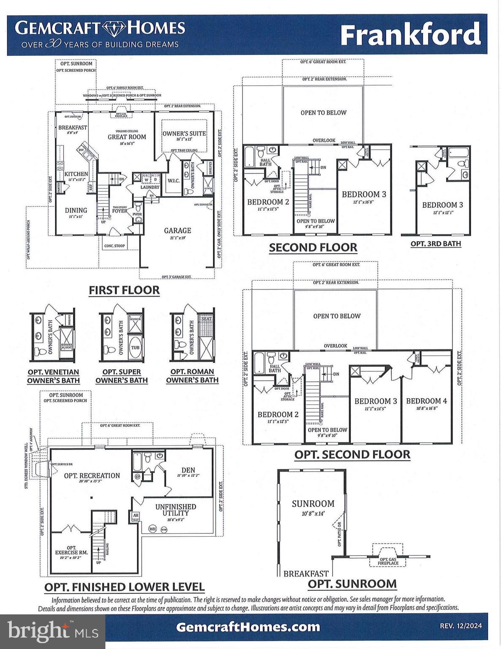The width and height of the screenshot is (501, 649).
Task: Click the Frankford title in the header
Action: (x=410, y=35)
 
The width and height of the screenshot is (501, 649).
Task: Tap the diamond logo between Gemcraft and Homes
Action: (x=113, y=28)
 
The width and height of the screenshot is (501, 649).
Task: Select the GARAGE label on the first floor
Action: (x=177, y=231)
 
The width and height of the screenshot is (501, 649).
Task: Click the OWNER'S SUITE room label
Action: (x=184, y=134)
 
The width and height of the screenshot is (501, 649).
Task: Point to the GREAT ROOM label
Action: (x=127, y=137)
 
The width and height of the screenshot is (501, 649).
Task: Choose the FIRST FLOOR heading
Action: (x=124, y=290)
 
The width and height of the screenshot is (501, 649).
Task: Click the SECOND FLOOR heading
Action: (x=313, y=248)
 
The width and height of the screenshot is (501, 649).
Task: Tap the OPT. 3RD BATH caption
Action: (x=436, y=244)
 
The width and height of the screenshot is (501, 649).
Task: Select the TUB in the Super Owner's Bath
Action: (x=135, y=348)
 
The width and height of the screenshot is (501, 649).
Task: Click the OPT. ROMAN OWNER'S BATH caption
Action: (x=192, y=376)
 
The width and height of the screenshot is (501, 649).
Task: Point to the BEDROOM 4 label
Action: (x=426, y=401)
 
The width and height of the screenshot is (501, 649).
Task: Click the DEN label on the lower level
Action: (x=188, y=470)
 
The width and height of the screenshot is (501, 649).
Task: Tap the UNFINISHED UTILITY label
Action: (x=176, y=510)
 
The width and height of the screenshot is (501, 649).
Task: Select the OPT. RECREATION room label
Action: (x=92, y=476)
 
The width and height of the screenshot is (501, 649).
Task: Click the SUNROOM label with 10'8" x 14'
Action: (x=313, y=504)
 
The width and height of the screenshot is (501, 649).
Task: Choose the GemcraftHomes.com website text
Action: (x=248, y=627)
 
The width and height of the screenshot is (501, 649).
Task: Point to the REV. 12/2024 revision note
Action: (x=460, y=627)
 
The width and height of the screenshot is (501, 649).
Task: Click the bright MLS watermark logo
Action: (x=52, y=631)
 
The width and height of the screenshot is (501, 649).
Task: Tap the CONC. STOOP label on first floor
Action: (x=114, y=246)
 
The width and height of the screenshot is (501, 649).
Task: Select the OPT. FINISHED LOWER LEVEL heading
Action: (x=124, y=587)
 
